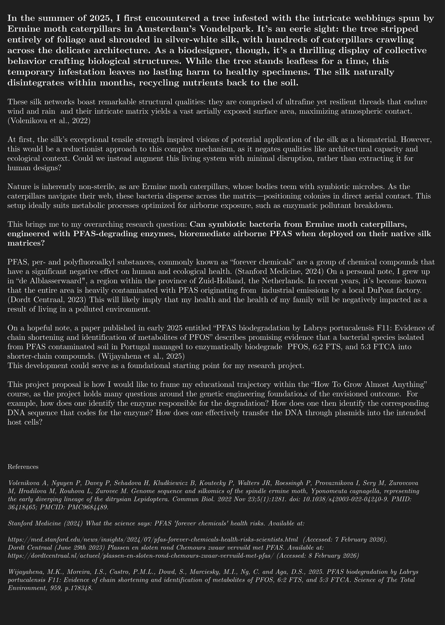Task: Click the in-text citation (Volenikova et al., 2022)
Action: [x=49, y=121]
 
